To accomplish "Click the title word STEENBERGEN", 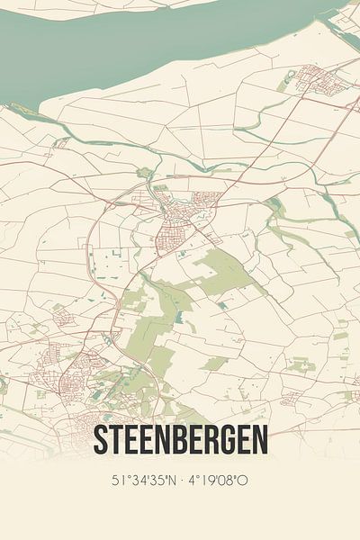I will pyautogui.click(x=180, y=442).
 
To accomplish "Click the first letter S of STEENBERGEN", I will pyautogui.click(x=100, y=442).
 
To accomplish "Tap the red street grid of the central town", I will pyautogui.click(x=175, y=225).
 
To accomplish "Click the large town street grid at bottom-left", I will pyautogui.click(x=67, y=373).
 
